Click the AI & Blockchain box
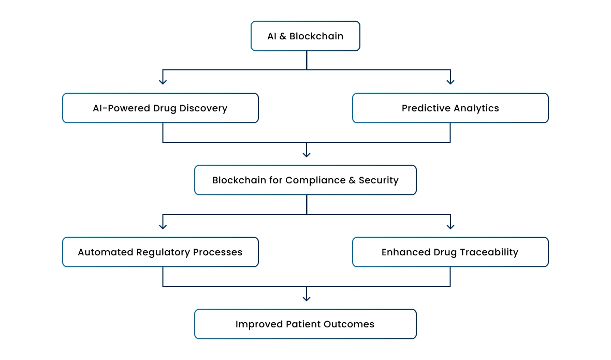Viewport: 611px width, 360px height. (x=305, y=36)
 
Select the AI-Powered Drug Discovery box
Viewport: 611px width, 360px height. (x=160, y=108)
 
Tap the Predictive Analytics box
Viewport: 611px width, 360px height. (x=450, y=108)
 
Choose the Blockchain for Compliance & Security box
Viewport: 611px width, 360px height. (x=305, y=180)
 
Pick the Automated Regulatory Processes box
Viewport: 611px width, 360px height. (x=160, y=252)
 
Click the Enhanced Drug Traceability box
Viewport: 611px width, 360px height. (x=450, y=252)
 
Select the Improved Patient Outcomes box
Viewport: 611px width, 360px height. (x=305, y=324)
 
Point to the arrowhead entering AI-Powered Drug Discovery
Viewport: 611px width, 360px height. (x=163, y=81)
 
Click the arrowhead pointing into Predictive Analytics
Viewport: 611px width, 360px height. (x=450, y=81)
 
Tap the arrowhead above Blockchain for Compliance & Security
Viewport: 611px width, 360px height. (x=307, y=153)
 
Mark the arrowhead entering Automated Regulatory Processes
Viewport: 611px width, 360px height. (x=163, y=225)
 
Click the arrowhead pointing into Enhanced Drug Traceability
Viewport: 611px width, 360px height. (x=450, y=225)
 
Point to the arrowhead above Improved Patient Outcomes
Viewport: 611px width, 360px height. (x=307, y=297)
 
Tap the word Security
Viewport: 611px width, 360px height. (x=379, y=180)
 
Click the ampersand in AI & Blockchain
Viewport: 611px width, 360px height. (x=283, y=36)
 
